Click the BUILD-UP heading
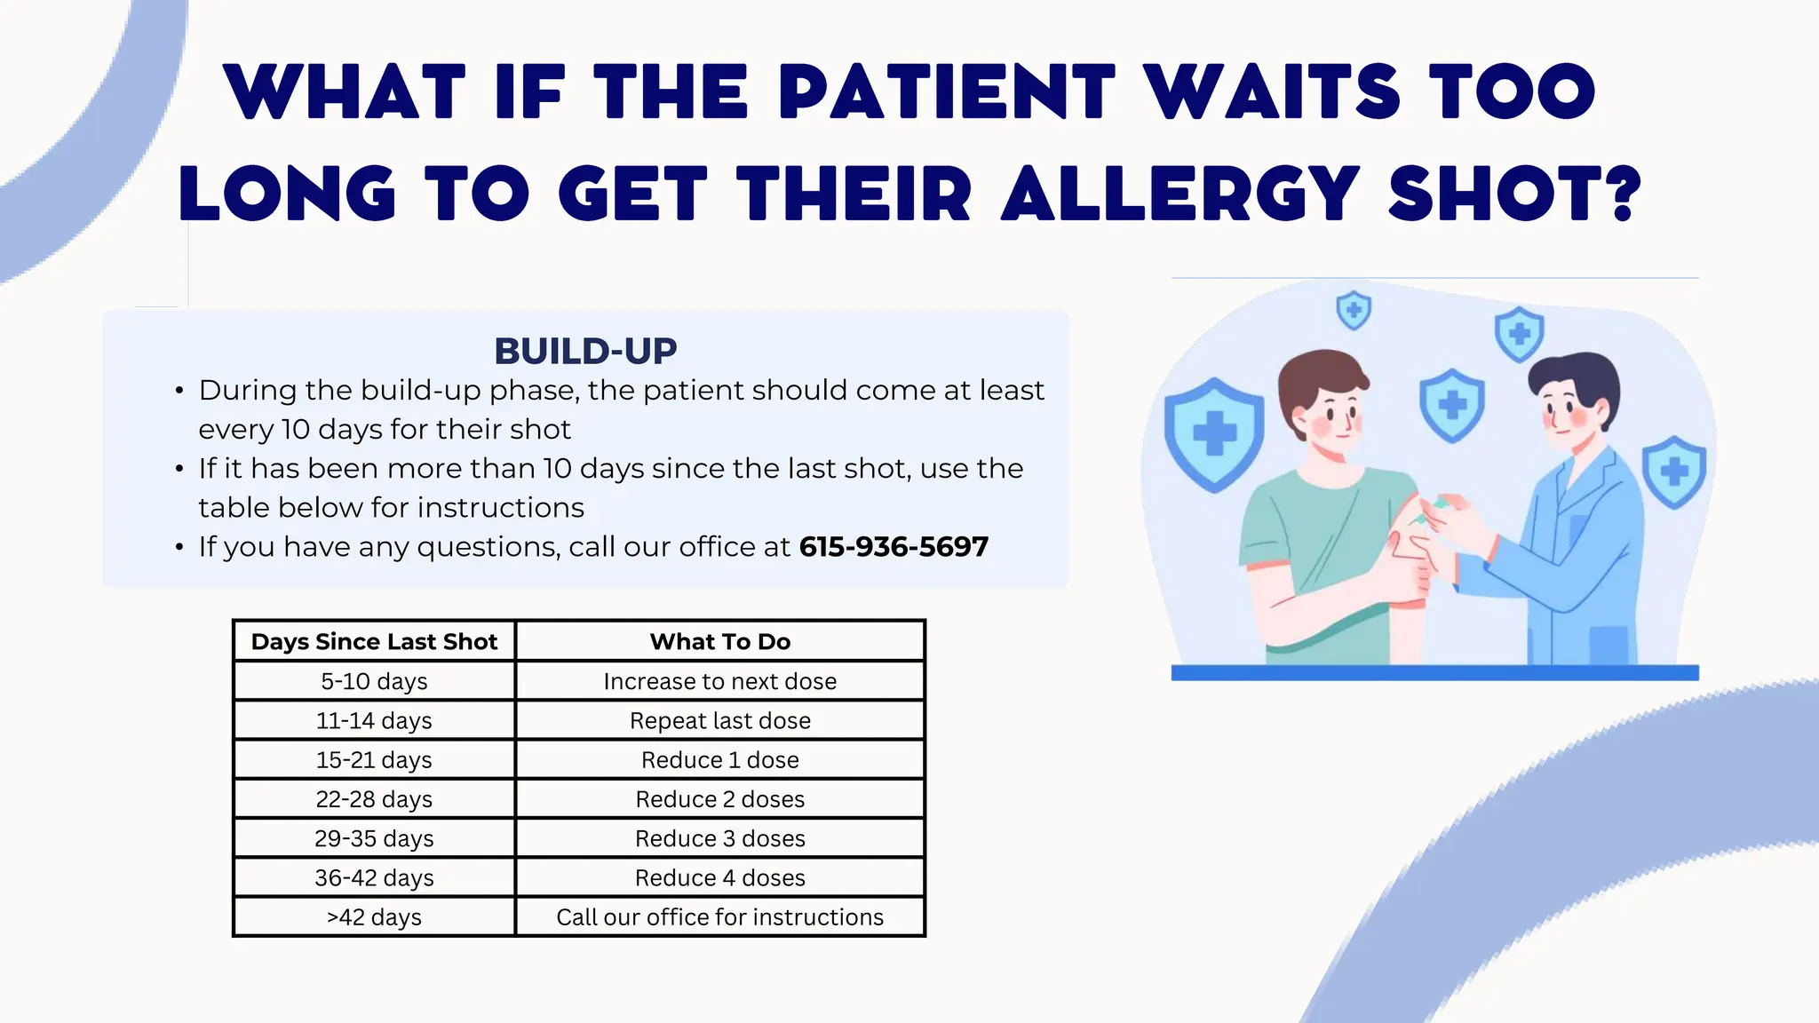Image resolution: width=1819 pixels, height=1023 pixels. coord(585,351)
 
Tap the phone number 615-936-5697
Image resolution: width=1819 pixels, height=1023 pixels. coord(893,546)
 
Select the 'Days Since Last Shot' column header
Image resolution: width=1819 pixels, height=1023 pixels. coord(374,641)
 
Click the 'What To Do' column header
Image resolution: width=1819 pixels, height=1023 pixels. coord(719,641)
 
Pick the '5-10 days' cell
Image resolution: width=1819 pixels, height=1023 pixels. coord(374,681)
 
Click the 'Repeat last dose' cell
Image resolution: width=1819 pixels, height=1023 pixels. coord(719,720)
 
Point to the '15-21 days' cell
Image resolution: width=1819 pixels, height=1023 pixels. coord(374,760)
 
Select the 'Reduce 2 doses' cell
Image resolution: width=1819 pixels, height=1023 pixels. coord(719,799)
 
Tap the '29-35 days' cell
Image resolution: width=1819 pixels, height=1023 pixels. coord(374,838)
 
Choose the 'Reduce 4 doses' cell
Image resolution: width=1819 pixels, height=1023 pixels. coord(719,877)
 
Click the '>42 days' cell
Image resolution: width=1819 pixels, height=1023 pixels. coord(374,916)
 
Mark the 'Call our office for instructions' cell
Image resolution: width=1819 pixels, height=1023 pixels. coord(719,916)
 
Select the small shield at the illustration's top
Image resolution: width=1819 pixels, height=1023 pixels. coord(1354,310)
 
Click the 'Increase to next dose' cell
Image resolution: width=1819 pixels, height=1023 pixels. coord(719,681)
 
